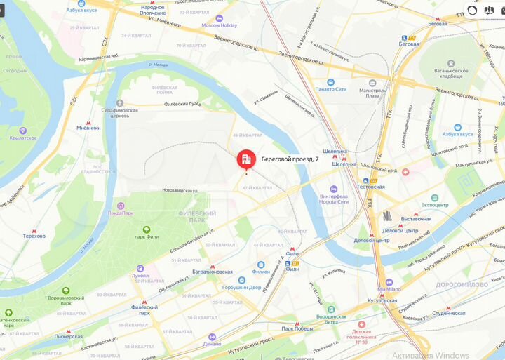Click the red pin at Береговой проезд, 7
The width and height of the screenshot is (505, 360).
click(246, 160)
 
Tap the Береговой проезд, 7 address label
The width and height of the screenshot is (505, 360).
click(290, 159)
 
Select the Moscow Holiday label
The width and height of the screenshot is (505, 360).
click(220, 25)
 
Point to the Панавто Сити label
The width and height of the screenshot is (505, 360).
click(331, 89)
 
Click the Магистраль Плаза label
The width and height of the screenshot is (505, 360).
click(372, 93)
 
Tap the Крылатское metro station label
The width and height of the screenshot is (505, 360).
click(23, 138)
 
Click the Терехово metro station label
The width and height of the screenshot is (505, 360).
click(34, 236)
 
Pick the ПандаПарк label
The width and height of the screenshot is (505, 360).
click(121, 213)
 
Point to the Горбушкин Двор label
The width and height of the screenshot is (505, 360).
click(241, 287)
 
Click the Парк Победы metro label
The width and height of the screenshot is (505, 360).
click(297, 328)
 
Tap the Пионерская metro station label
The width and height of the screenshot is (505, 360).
click(68, 336)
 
